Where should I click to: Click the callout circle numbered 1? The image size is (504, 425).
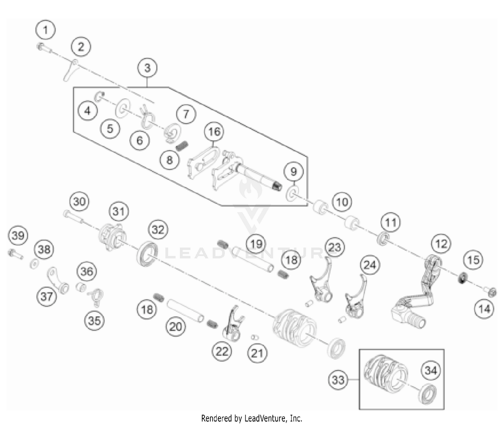pyautogui.click(x=46, y=31)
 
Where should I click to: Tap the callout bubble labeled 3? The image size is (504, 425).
pyautogui.click(x=147, y=68)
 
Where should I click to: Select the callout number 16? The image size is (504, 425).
pyautogui.click(x=214, y=132)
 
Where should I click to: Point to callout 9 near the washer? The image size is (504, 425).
pyautogui.click(x=294, y=172)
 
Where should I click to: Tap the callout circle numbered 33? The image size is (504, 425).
pyautogui.click(x=338, y=380)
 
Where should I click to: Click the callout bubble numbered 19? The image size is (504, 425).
pyautogui.click(x=256, y=243)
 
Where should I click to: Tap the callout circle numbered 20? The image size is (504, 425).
pyautogui.click(x=176, y=326)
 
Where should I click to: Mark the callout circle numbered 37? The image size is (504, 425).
pyautogui.click(x=47, y=296)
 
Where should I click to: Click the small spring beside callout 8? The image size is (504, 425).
pyautogui.click(x=182, y=146)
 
